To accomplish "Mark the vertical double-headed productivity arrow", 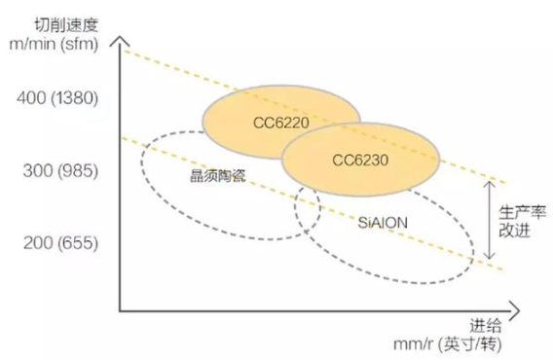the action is pyautogui.click(x=489, y=221).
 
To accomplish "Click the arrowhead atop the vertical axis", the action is pyautogui.click(x=120, y=42).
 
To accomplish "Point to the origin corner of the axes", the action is pyautogui.click(x=120, y=310).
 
